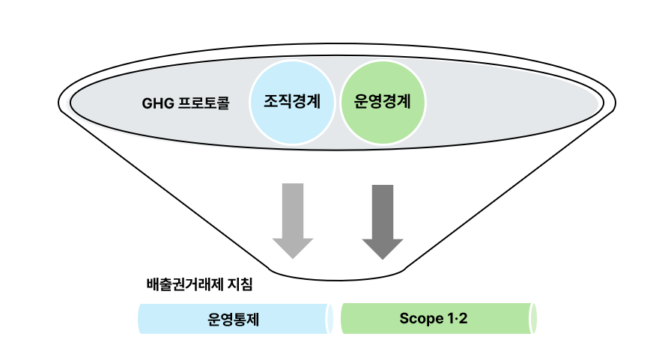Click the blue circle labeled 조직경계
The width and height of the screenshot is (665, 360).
coord(292,102)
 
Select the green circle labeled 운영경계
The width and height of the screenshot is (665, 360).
coord(383,102)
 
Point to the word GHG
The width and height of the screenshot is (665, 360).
coord(157,103)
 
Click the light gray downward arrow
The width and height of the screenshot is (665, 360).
coord(292,217)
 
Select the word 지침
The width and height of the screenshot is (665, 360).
coord(240,284)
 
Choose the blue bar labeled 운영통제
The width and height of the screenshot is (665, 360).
coord(234,319)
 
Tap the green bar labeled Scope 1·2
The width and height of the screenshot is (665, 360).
coord(434,318)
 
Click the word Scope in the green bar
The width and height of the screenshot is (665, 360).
coord(422,318)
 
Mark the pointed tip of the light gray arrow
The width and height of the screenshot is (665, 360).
coord(292,257)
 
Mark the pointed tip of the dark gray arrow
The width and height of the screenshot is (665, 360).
coord(383,259)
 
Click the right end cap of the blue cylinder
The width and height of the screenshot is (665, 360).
coord(329,319)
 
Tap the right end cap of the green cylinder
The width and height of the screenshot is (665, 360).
coord(533,318)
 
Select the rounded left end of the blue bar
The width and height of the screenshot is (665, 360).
coord(142,319)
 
